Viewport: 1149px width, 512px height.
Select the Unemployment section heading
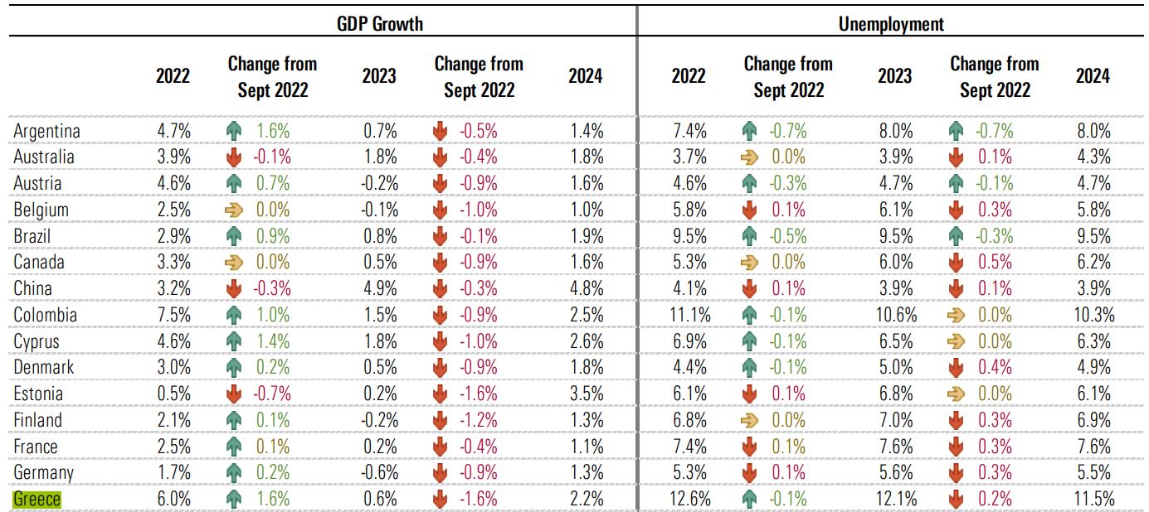pos(891,23)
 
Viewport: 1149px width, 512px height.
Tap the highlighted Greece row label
pos(37,500)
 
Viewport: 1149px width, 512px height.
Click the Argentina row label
pos(46,131)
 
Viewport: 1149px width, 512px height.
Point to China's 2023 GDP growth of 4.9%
pos(379,289)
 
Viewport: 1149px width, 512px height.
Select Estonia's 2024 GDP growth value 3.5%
pos(586,394)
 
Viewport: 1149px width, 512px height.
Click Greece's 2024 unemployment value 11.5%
pos(1093,500)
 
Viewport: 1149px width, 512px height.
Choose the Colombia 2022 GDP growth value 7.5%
pos(173,316)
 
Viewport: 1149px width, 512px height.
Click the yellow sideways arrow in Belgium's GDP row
pos(234,210)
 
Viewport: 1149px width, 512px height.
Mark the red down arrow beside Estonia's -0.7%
pos(234,394)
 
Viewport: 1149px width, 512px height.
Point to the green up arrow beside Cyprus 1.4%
pos(234,342)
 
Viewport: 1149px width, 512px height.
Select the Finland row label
pos(37,421)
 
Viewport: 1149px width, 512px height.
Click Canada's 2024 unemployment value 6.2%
pos(1093,263)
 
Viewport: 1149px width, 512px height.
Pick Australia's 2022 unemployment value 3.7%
pos(689,157)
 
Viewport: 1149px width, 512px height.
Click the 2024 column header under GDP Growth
pos(585,76)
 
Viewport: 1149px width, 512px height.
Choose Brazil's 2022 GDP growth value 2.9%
pos(173,236)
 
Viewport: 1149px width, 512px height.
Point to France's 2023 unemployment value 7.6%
pos(895,447)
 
